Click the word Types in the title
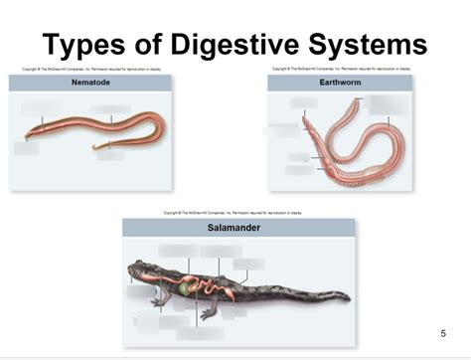click(x=94, y=45)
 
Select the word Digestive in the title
click(x=235, y=45)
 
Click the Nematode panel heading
click(x=90, y=83)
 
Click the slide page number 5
click(x=443, y=333)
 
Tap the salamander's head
click(x=139, y=270)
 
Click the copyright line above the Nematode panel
click(x=90, y=69)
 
